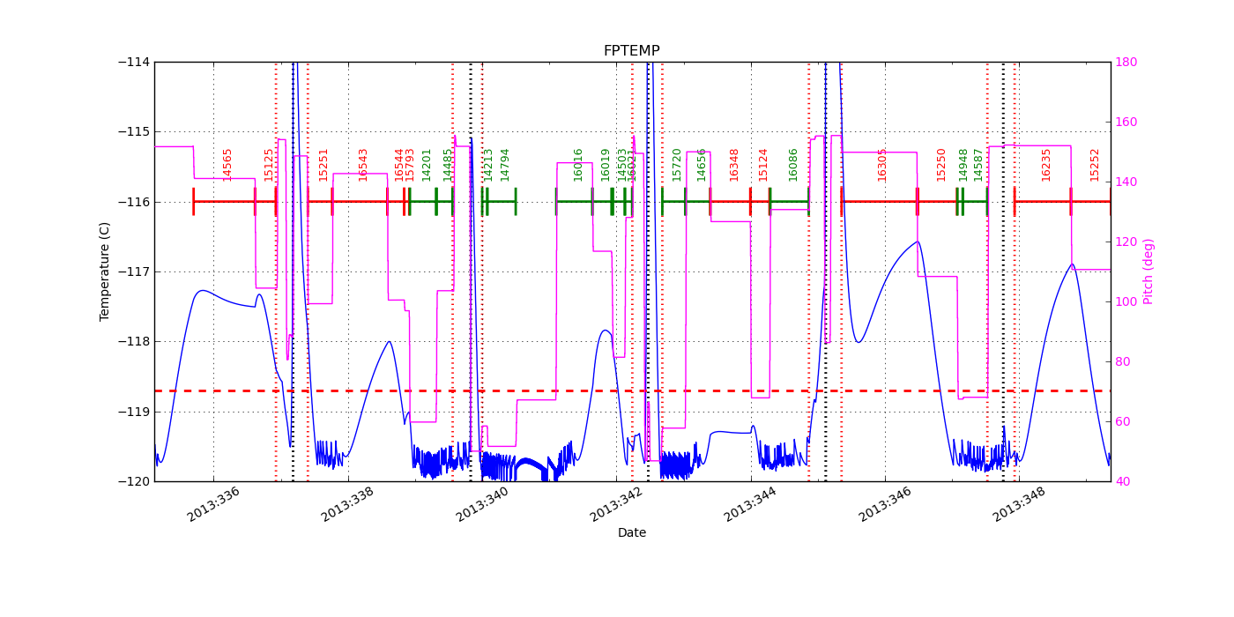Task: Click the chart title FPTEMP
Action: click(x=631, y=51)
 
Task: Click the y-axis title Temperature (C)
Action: click(x=105, y=271)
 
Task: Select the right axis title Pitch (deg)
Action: click(x=1149, y=271)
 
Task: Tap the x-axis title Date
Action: click(x=631, y=532)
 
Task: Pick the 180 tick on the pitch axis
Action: click(x=1126, y=62)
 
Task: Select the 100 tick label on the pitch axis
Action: click(x=1126, y=301)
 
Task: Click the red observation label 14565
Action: click(x=227, y=164)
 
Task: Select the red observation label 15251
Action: click(x=323, y=164)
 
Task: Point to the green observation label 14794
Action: click(x=505, y=164)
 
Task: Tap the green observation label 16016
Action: click(x=578, y=164)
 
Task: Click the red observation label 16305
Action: click(x=882, y=164)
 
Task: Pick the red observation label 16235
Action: click(x=1046, y=164)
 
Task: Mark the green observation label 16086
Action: click(x=793, y=164)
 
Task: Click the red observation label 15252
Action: click(x=1095, y=164)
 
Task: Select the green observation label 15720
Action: click(x=677, y=164)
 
